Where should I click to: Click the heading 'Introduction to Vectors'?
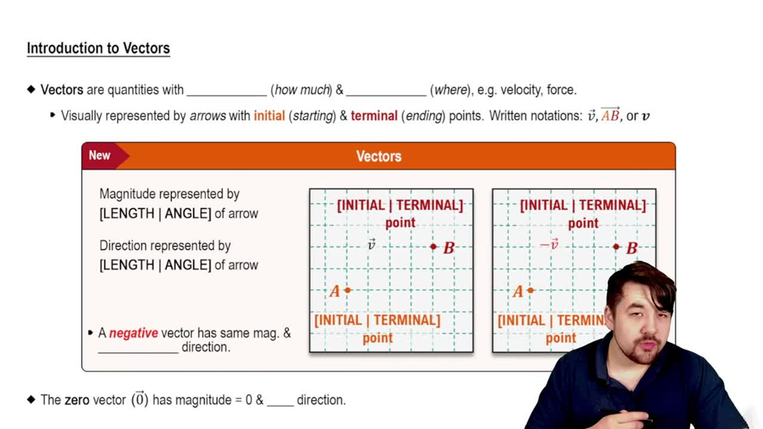tap(98, 48)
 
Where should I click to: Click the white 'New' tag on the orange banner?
tap(100, 155)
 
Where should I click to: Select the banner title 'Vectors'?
tap(378, 156)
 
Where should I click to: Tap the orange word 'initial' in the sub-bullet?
tap(269, 116)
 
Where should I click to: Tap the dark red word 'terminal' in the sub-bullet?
tap(374, 116)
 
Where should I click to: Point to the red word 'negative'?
tap(134, 333)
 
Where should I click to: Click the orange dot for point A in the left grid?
tap(348, 290)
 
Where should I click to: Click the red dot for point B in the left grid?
tap(433, 247)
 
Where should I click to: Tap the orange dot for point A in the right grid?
tap(530, 290)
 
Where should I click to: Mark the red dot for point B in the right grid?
tap(617, 247)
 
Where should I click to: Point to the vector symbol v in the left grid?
tap(372, 244)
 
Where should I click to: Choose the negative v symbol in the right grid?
tap(549, 244)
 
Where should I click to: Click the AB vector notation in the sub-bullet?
tap(610, 115)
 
